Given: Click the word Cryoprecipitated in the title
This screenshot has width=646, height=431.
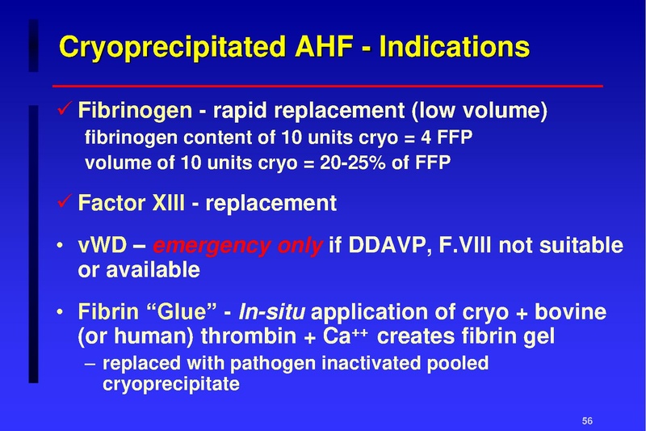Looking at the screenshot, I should click(167, 46).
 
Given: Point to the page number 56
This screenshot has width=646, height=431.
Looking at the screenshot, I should click(587, 420).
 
